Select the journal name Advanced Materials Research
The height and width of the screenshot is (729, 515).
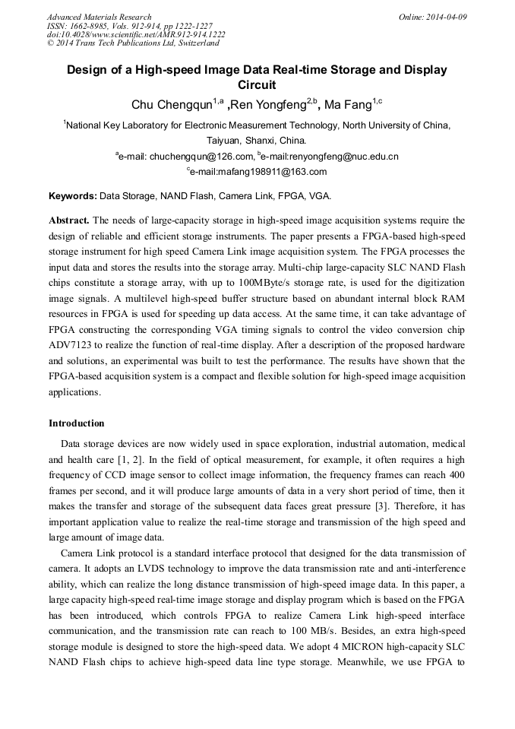99,17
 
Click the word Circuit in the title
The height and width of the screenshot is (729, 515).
257,85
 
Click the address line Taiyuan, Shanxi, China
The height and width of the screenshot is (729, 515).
257,141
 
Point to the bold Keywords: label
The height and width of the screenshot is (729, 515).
73,196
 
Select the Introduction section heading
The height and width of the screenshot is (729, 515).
77,423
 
